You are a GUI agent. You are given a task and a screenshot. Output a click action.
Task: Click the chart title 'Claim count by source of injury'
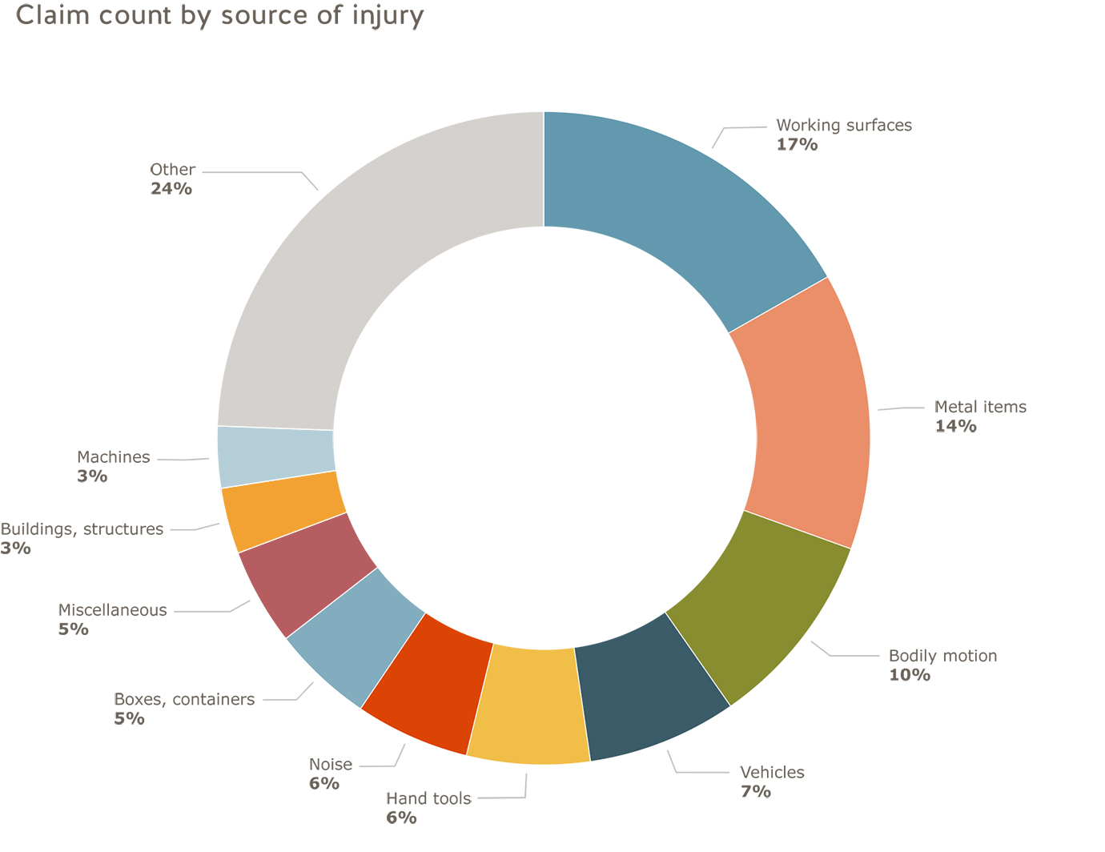tap(219, 15)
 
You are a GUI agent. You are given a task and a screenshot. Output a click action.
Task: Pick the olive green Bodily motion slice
tap(761, 609)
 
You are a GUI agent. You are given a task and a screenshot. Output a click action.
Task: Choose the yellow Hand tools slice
tap(532, 705)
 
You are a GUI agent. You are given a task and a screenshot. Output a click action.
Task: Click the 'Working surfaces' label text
tap(844, 125)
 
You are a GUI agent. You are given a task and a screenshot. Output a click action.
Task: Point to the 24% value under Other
tap(171, 189)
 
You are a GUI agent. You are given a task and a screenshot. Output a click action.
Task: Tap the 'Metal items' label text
tap(980, 407)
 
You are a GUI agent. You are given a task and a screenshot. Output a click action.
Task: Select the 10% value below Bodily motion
tap(910, 675)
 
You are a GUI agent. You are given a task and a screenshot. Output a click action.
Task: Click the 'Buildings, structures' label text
tap(82, 529)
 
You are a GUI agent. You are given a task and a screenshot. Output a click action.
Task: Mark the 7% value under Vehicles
tap(756, 792)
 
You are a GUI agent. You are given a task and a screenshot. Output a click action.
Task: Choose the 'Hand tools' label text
tap(428, 798)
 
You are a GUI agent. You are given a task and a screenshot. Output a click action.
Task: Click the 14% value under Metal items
tap(956, 426)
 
